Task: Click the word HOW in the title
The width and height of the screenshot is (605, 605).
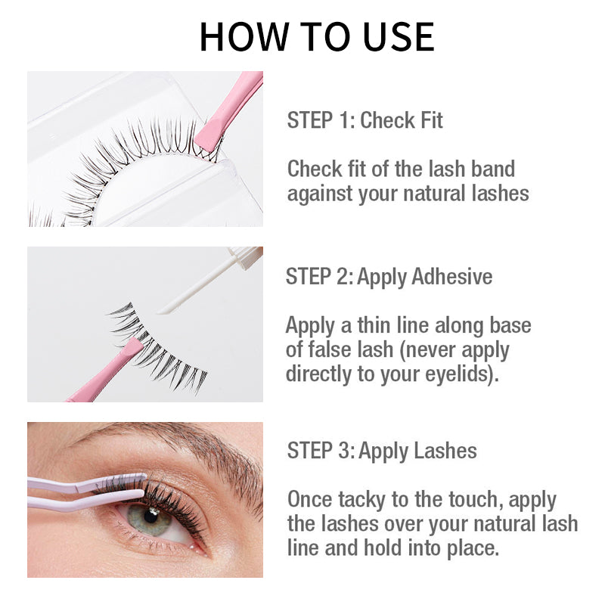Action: [x=244, y=36]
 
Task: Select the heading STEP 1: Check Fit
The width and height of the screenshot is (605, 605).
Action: [x=365, y=120]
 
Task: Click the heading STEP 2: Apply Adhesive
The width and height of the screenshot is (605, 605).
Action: [x=389, y=277]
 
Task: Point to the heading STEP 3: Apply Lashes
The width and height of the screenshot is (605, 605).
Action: [x=382, y=451]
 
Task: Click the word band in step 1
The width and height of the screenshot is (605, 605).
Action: [x=493, y=169]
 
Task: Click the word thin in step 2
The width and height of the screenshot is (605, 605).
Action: [x=374, y=325]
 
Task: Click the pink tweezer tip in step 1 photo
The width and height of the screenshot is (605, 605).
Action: [x=209, y=136]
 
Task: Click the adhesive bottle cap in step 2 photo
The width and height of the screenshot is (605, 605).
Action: [x=247, y=256]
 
